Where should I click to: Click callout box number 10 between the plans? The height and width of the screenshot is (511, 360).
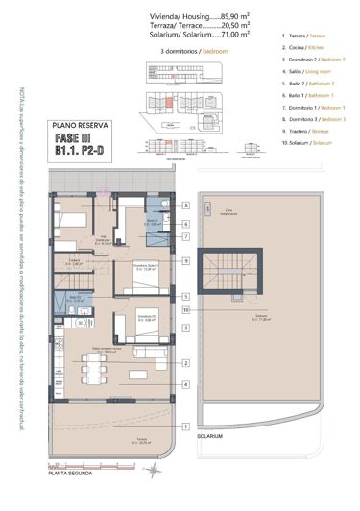click(185, 310)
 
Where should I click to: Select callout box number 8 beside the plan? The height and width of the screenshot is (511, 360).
click(185, 207)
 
